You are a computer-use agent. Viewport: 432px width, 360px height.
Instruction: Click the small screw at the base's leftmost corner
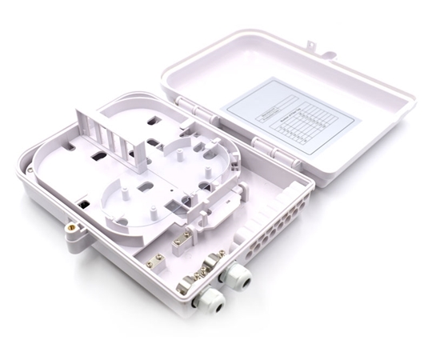point(30,170)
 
